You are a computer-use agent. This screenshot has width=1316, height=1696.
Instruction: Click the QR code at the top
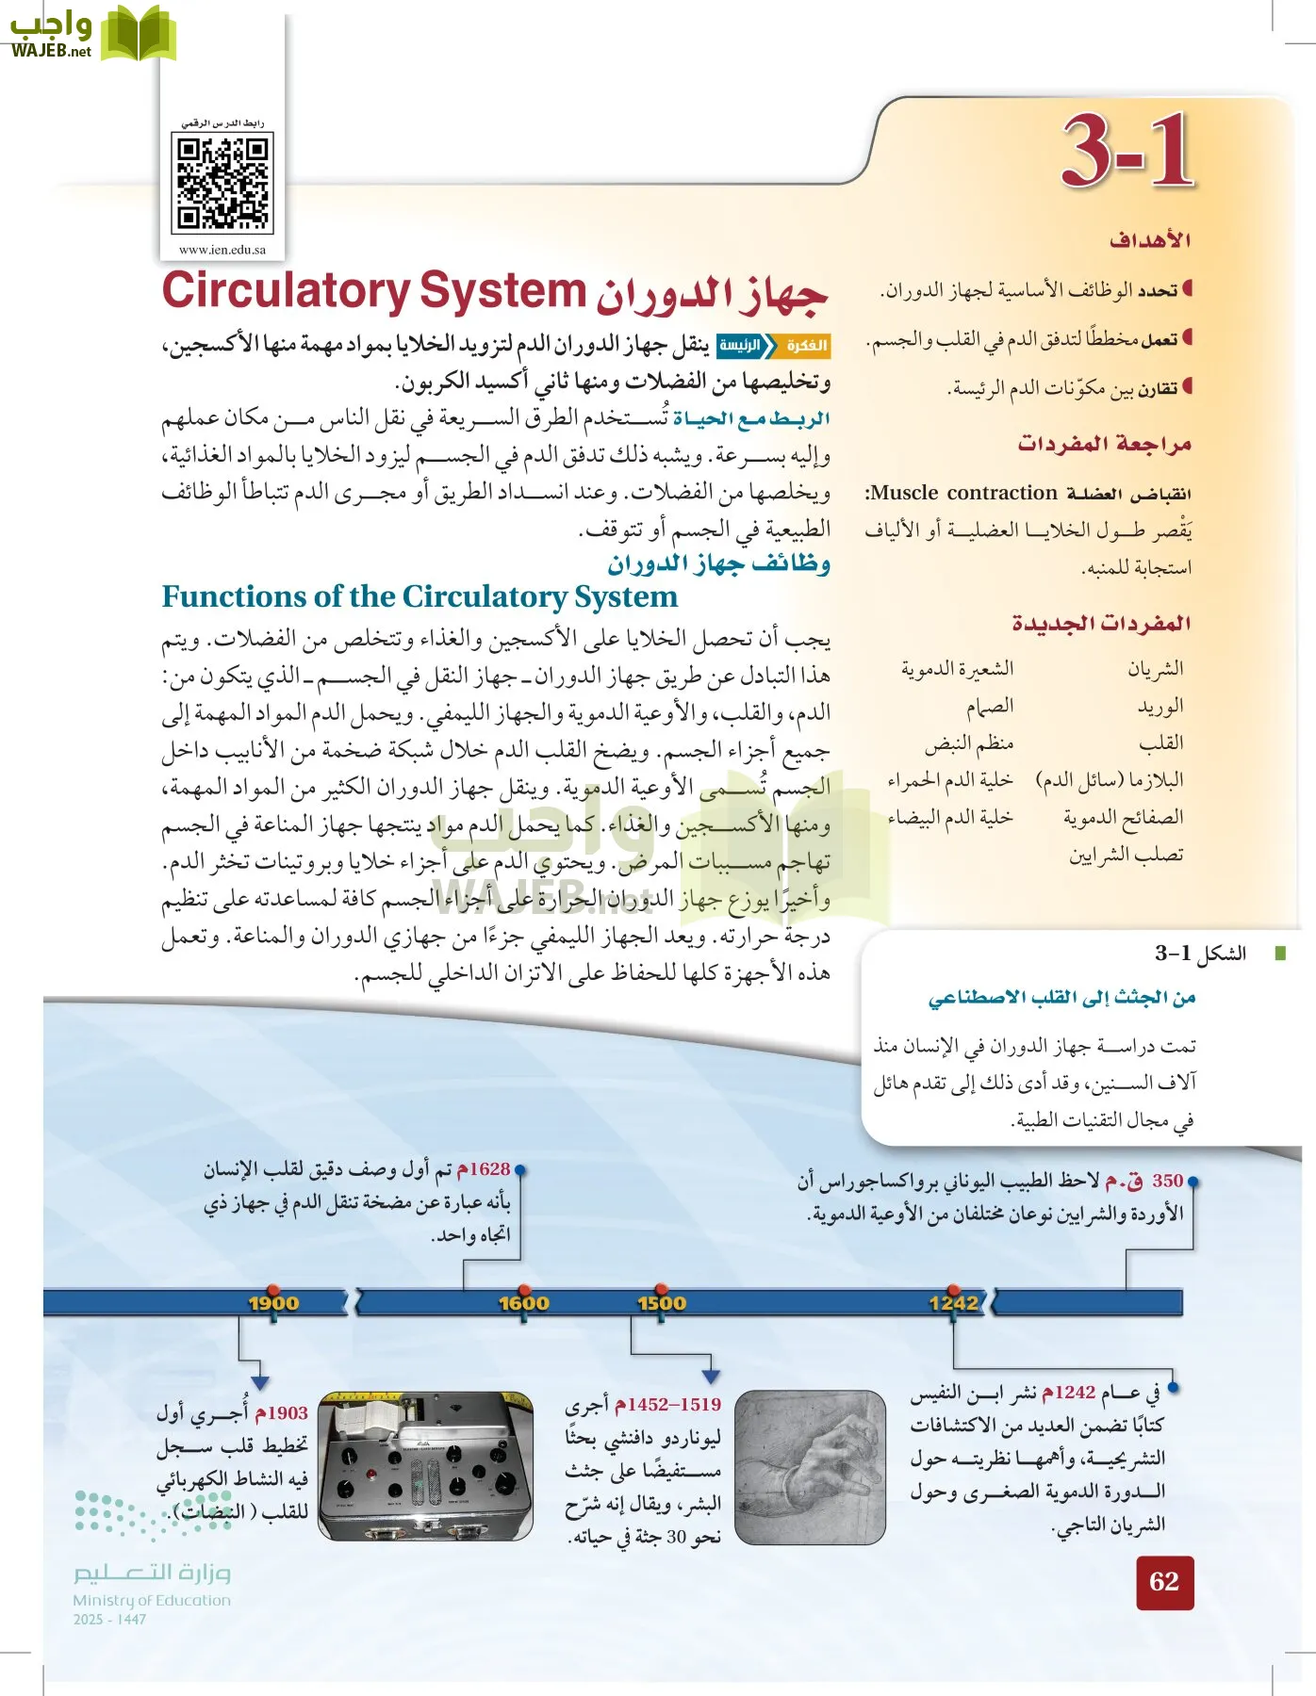[x=222, y=184]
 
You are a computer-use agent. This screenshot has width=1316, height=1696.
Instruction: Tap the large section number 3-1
[x=1127, y=151]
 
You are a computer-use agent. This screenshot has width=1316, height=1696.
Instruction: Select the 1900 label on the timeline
[x=273, y=1303]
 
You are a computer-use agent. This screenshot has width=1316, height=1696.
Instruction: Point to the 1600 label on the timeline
[x=523, y=1303]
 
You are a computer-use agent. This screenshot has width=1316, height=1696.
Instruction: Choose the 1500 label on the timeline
[x=662, y=1303]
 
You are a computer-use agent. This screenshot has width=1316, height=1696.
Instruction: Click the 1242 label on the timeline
[x=953, y=1303]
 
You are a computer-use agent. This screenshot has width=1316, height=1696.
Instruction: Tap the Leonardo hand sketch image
[x=809, y=1467]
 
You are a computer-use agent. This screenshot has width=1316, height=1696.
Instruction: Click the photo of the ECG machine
[x=425, y=1465]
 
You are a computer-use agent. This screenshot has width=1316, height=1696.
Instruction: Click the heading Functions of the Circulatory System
[x=419, y=596]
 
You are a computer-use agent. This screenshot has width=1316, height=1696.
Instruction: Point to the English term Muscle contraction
[x=962, y=493]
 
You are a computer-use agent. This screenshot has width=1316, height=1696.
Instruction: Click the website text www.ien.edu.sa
[x=222, y=250]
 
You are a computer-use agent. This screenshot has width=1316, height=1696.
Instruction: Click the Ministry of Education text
[x=152, y=1600]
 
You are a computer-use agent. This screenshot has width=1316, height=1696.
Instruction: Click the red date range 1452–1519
[x=667, y=1405]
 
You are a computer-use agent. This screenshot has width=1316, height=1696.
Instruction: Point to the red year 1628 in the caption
[x=484, y=1169]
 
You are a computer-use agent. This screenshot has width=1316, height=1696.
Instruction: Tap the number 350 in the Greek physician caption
[x=1167, y=1181]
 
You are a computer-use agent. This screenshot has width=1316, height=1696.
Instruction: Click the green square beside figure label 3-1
[x=1279, y=954]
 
